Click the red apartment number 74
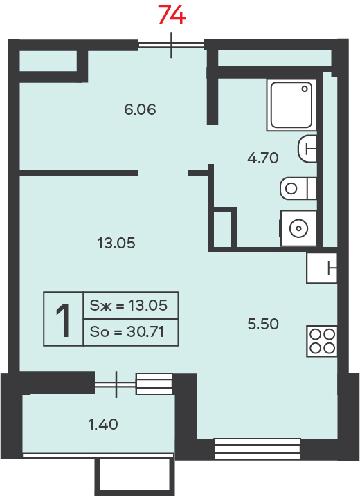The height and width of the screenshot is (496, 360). tap(171, 15)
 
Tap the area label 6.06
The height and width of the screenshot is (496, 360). tap(140, 109)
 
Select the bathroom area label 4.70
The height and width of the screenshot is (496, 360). tap(263, 158)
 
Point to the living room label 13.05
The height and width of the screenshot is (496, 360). tap(116, 244)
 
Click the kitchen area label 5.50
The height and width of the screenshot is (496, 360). tap(263, 324)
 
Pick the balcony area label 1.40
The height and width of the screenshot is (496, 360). tap(103, 424)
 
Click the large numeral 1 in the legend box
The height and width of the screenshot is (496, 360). tap(63, 320)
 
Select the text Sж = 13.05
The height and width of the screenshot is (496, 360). tap(129, 305)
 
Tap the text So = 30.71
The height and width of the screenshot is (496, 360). tap(127, 331)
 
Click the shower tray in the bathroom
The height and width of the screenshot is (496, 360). tap(291, 104)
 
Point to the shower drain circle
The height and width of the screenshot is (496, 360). tap(305, 89)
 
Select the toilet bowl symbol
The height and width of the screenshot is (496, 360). tap(298, 189)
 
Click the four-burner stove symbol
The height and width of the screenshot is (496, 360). tap(322, 341)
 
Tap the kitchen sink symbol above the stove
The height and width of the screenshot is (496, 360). tap(322, 268)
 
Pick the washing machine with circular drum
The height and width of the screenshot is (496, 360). tap(298, 228)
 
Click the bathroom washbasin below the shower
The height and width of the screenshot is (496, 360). tap(307, 149)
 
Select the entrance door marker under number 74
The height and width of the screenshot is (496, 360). tap(171, 45)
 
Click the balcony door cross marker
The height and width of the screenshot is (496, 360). tap(116, 385)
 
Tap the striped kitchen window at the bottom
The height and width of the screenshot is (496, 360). tap(258, 448)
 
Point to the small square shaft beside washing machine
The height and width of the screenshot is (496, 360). tap(223, 228)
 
